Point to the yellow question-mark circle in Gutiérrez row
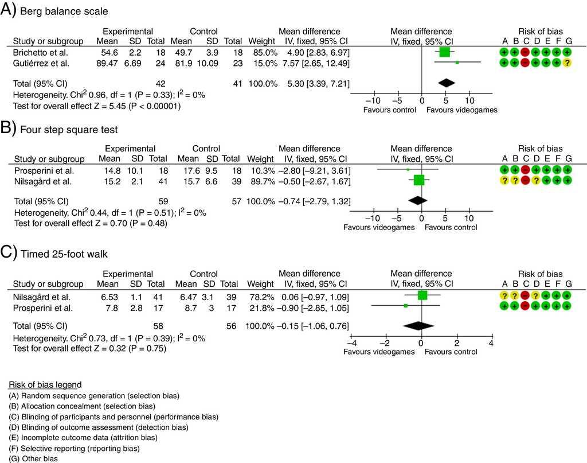568,63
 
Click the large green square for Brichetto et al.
444,52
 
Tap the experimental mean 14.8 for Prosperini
108,170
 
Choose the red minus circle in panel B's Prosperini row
525,170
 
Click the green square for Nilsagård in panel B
419,181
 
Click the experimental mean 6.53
109,297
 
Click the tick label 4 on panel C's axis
491,343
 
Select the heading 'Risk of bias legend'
45,384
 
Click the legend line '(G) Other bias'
34,458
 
